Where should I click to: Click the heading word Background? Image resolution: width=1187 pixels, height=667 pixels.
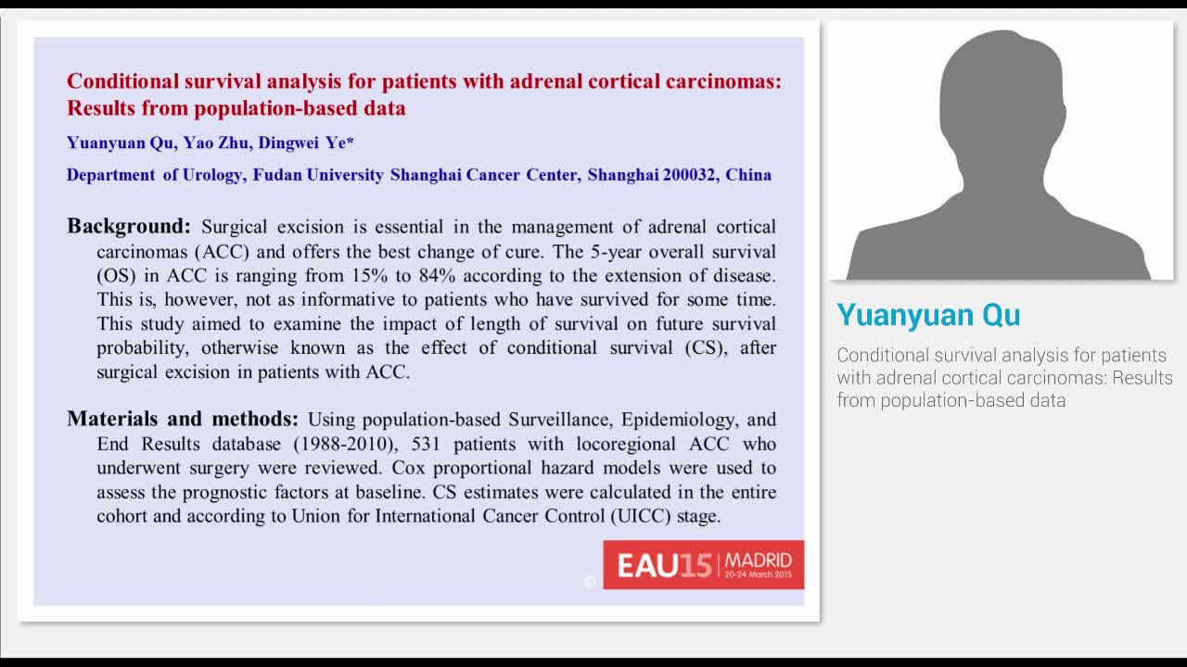tap(129, 226)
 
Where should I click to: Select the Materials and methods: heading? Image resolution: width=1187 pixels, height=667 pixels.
tap(183, 419)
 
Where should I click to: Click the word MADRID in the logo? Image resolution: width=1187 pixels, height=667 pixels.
tap(759, 560)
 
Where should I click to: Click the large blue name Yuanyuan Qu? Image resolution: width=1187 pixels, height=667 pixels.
tap(928, 315)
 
